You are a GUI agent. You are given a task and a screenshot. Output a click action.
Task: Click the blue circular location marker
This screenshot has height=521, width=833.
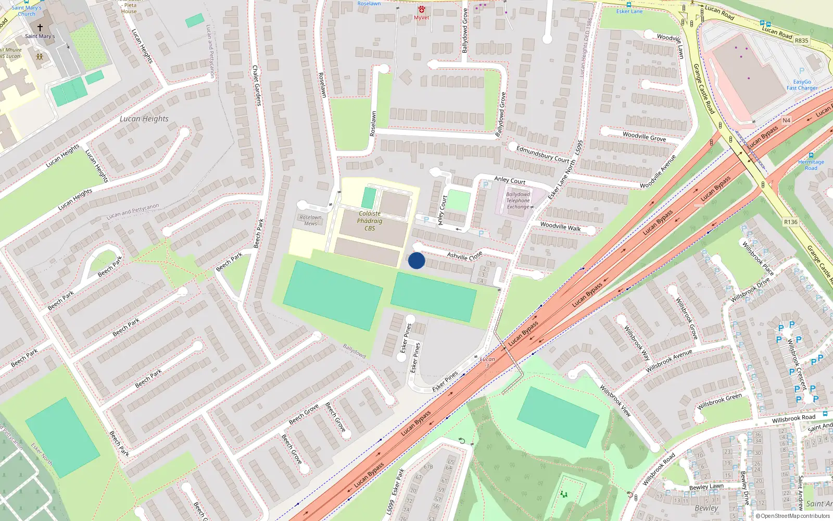pos(416,260)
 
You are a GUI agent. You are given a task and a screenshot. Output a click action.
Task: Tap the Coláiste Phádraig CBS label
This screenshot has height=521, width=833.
pos(370,221)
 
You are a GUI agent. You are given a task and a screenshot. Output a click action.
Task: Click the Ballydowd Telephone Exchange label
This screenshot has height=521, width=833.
pos(518,201)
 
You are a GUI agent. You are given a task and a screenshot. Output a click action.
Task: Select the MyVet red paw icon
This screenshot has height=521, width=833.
pos(422,10)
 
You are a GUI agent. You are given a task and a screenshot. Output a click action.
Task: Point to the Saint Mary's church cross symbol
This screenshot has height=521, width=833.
pos(40,27)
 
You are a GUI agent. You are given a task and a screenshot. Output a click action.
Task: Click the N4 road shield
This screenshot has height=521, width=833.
pos(786,120)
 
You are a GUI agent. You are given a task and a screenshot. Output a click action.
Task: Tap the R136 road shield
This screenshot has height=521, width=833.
pos(790,222)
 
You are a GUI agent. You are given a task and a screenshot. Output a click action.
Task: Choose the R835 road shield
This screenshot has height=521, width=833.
pos(801,41)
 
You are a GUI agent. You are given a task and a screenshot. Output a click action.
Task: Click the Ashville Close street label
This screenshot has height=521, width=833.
pos(464,256)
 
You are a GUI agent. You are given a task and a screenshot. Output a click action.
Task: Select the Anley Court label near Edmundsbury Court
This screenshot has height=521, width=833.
pos(510,180)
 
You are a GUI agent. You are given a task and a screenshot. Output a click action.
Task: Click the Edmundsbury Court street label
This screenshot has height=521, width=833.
pos(542,154)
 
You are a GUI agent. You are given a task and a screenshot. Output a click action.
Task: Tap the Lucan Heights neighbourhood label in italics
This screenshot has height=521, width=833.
pos(144,119)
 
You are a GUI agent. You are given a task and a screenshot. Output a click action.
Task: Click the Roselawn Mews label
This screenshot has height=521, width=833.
pos(311,220)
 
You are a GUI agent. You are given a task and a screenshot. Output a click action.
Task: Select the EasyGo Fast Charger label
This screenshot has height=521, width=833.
pos(802,85)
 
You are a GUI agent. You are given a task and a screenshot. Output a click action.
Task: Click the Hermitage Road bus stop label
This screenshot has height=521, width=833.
pos(811,165)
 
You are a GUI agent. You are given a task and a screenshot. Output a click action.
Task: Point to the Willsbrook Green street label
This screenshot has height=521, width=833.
pos(719,401)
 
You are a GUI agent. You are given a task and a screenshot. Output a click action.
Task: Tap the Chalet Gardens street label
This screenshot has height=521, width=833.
pos(256,85)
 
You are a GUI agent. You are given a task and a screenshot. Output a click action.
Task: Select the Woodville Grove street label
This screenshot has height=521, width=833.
pos(644,137)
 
